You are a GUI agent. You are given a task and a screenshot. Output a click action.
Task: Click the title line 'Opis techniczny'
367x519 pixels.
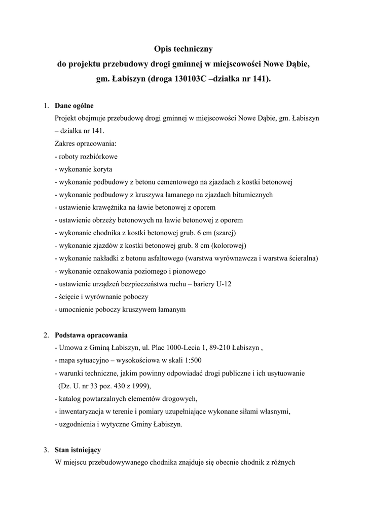183,50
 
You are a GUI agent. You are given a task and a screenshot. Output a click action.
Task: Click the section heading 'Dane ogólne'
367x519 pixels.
74,106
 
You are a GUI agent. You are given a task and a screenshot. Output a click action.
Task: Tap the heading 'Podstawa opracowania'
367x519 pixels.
91,335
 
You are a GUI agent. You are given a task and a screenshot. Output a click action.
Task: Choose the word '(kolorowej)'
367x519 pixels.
229,245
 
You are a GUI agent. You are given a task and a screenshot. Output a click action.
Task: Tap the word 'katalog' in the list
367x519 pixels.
70,398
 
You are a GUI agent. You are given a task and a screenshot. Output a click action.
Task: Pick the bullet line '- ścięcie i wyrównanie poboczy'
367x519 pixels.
101,296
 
